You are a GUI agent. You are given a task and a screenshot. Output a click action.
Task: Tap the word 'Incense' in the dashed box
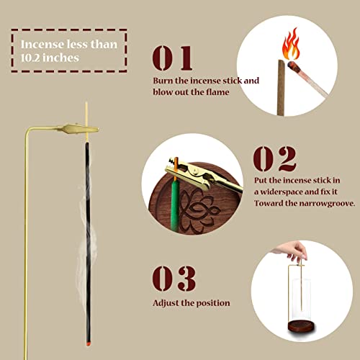(x=40, y=42)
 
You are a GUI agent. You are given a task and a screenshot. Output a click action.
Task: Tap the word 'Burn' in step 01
(x=163, y=81)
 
